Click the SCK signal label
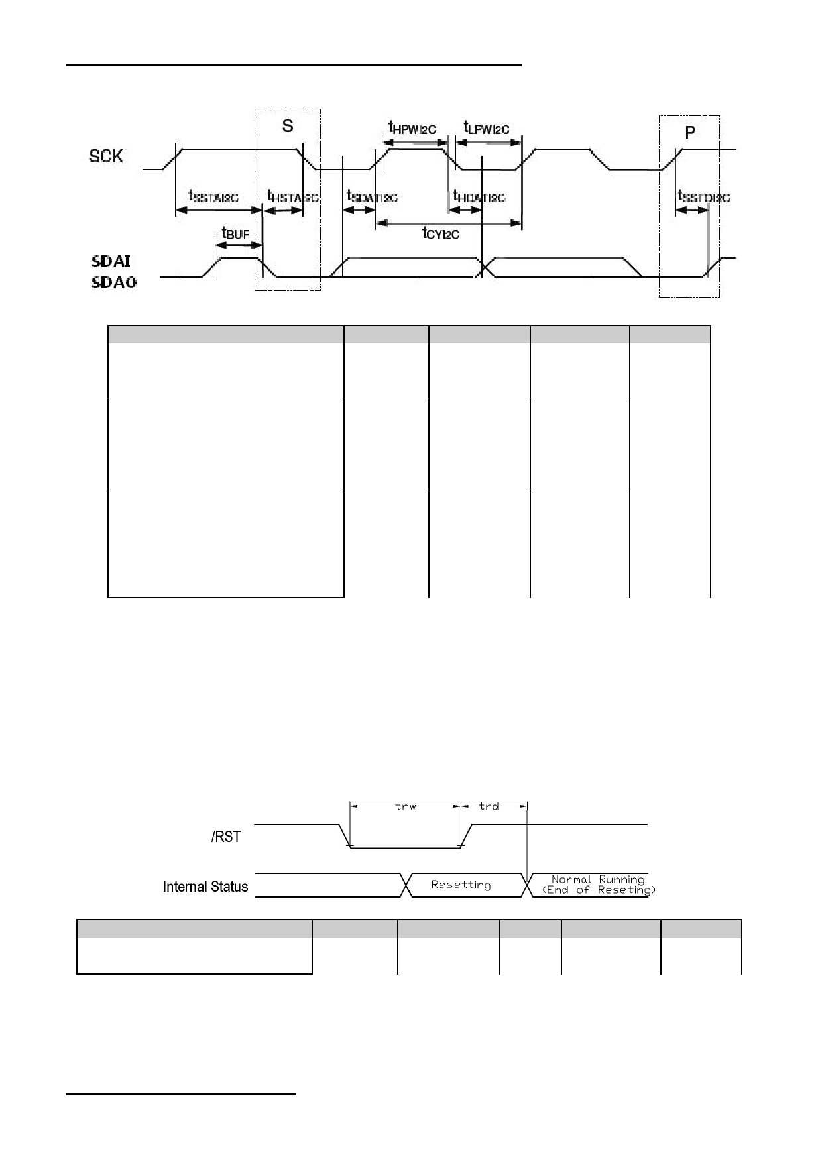(x=106, y=156)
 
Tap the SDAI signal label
(x=111, y=262)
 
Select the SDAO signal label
(x=114, y=283)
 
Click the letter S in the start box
(x=288, y=126)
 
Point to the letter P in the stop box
(x=690, y=133)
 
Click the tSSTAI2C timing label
(x=213, y=196)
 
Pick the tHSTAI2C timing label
(x=293, y=196)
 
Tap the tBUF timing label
(x=236, y=233)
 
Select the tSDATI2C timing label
(x=373, y=196)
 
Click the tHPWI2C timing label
(x=412, y=127)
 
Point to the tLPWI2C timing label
(x=487, y=127)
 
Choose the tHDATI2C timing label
(x=479, y=196)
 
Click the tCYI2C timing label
(x=441, y=233)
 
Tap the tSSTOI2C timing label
(x=704, y=196)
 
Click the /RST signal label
(x=226, y=837)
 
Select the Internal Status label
(x=206, y=887)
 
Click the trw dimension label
(x=406, y=806)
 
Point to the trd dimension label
(x=489, y=806)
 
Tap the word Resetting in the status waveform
(x=461, y=885)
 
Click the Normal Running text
(x=598, y=880)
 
